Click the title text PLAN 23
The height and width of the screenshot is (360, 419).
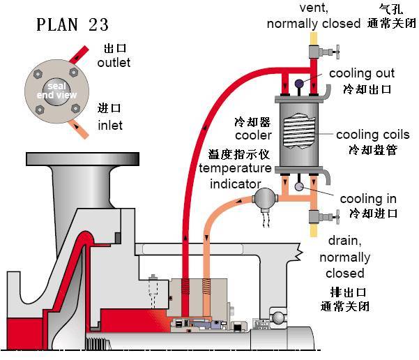(x=73, y=24)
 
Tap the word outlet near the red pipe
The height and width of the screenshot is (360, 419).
(x=114, y=63)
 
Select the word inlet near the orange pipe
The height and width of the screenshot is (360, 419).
(x=110, y=126)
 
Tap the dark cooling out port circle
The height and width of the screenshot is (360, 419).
(x=298, y=84)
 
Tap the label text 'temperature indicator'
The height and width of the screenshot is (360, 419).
(x=235, y=177)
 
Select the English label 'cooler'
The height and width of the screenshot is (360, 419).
(x=248, y=135)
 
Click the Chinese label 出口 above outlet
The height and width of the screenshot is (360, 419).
(x=114, y=49)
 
